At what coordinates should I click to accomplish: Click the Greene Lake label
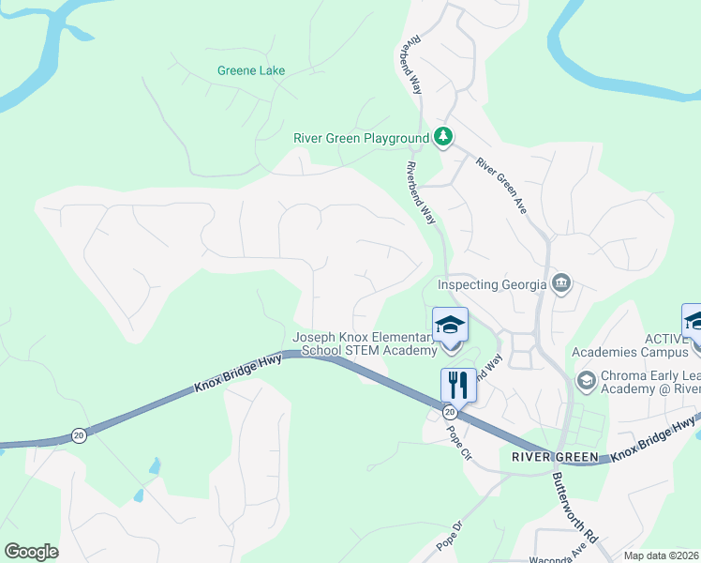(x=250, y=70)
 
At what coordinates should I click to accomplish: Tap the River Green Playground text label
(x=361, y=138)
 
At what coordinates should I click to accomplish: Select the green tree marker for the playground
(x=444, y=138)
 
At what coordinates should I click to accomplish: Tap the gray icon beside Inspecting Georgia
(x=561, y=283)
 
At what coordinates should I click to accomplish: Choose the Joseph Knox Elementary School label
(x=365, y=344)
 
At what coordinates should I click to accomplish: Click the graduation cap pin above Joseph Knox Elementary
(x=450, y=325)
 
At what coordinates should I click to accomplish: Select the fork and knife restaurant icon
(x=458, y=385)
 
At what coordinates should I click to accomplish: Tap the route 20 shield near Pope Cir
(x=450, y=412)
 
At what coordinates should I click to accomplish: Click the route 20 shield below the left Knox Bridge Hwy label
(x=78, y=435)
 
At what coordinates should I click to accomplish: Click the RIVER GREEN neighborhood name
(x=555, y=457)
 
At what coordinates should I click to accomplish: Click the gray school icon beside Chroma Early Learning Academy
(x=586, y=380)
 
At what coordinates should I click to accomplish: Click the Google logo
(x=31, y=552)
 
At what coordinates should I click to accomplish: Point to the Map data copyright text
(x=662, y=555)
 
